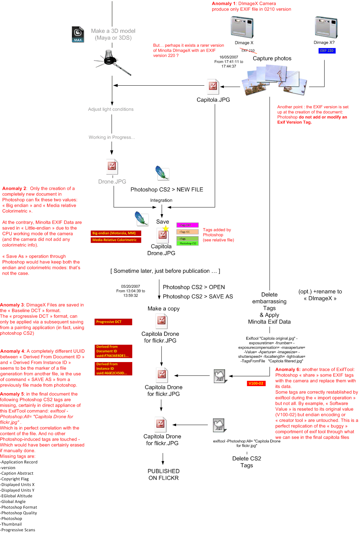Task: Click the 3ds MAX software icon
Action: tap(78, 34)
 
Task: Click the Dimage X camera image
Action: tap(242, 27)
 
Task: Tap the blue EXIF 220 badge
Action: tap(327, 51)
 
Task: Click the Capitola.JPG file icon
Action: tap(213, 86)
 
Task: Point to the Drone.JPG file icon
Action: tap(112, 166)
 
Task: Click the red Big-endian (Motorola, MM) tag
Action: tap(116, 233)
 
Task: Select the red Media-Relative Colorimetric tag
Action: tap(116, 240)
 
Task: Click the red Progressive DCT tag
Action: tap(114, 322)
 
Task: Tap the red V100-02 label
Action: tap(256, 383)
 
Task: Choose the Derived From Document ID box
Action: tap(114, 351)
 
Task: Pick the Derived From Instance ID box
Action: tap(114, 368)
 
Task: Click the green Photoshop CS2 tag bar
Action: tap(187, 243)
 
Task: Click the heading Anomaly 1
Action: tap(223, 4)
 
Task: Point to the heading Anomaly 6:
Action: tap(288, 369)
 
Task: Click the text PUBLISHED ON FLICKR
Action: tap(164, 475)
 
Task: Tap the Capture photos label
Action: tap(272, 58)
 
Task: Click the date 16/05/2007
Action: tap(228, 57)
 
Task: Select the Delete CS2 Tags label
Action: tap(246, 462)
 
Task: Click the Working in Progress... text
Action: tap(112, 137)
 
